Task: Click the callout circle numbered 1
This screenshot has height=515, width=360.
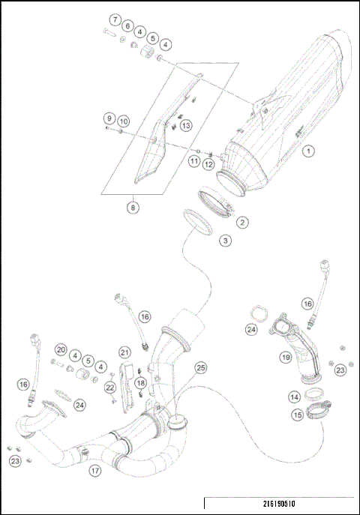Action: click(308, 151)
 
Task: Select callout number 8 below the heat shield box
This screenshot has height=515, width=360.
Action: click(132, 205)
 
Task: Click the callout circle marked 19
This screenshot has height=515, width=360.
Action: click(285, 358)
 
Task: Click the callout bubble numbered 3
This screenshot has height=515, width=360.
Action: click(226, 241)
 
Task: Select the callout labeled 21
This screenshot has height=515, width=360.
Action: click(124, 352)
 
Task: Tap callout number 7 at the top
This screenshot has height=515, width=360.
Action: click(115, 19)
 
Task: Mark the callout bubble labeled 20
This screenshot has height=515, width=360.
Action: click(61, 349)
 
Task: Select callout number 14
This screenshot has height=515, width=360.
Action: click(295, 397)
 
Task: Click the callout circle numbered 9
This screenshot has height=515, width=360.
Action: click(109, 118)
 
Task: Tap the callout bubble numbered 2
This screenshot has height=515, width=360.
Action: click(241, 222)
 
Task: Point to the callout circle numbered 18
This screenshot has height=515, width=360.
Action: click(140, 384)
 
